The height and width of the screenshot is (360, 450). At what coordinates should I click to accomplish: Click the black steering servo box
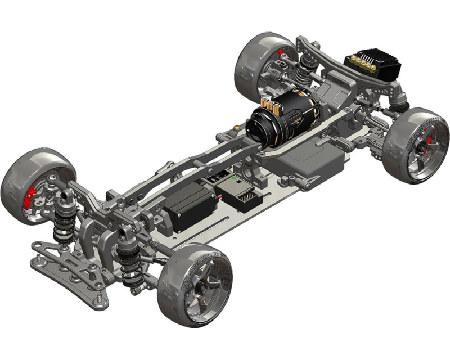[x=188, y=205]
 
